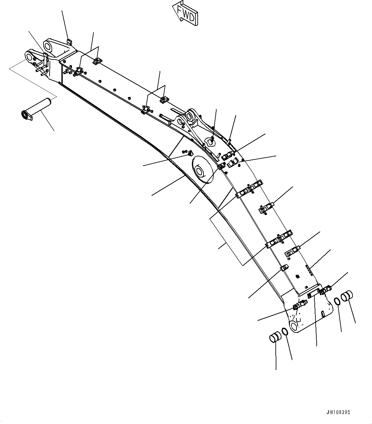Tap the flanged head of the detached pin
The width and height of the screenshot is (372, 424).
pos(25,115)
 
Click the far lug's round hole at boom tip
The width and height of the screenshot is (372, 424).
pos(49,47)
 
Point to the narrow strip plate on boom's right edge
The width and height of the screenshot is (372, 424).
pos(309,270)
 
